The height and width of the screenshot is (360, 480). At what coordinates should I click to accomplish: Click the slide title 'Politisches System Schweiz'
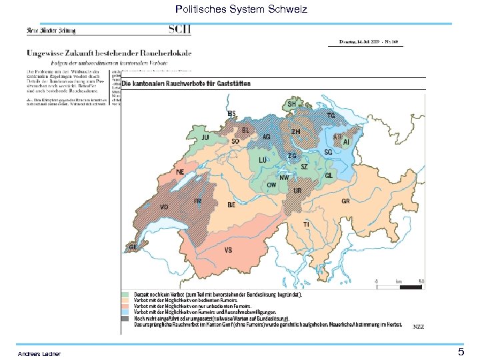241,9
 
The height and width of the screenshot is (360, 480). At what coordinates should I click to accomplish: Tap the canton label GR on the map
346,201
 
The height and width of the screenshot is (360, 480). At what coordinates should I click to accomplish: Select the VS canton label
228,250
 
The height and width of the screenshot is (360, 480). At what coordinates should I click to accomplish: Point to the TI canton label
306,225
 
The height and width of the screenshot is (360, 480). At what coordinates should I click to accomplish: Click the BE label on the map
231,205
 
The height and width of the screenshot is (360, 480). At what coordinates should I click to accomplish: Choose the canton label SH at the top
291,105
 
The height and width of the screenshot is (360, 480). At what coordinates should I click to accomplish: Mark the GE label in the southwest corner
133,247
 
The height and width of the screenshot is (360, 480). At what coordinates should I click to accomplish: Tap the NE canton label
180,172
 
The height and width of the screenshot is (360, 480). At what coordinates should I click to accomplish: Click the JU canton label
205,137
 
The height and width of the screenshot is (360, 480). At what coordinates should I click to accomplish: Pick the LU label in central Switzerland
263,161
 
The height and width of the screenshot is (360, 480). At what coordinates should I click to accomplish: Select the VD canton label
164,207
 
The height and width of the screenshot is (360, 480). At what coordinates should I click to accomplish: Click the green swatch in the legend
125,294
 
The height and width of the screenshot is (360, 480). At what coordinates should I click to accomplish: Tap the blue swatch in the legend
125,312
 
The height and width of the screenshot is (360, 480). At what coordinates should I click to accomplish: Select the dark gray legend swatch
125,318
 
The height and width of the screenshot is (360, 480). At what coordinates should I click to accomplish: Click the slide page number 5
461,351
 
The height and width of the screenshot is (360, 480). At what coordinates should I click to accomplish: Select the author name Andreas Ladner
39,353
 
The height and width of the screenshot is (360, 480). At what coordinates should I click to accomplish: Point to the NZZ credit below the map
418,326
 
